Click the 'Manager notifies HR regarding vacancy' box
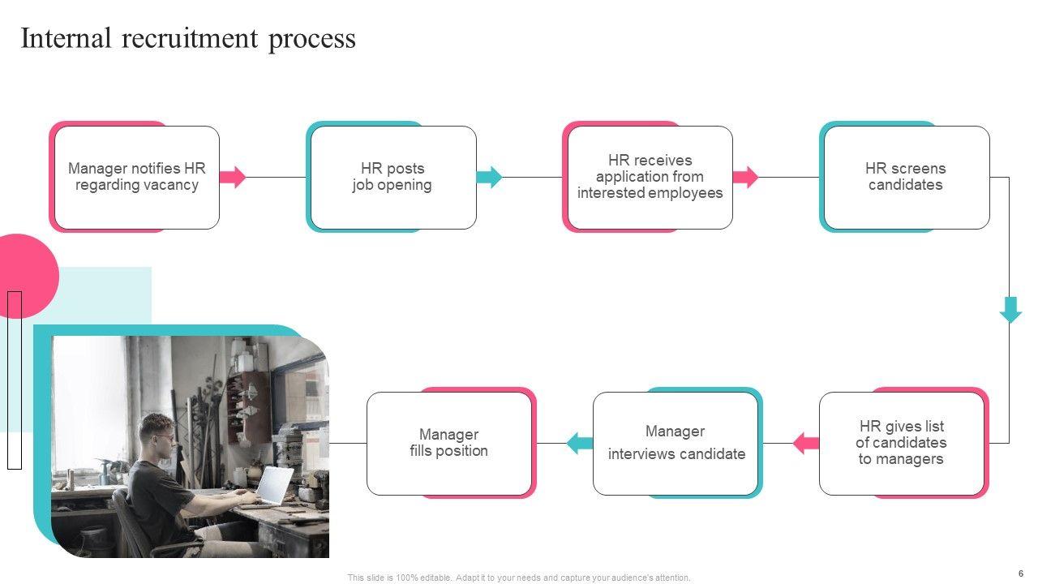click(137, 178)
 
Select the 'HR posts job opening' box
click(394, 178)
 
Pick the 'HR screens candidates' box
click(907, 178)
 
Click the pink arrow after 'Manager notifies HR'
click(233, 177)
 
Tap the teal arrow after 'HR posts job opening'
click(489, 177)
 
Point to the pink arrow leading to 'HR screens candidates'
click(745, 177)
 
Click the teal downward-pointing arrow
click(1010, 310)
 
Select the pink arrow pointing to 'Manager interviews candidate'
click(806, 444)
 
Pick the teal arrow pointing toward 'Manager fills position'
click(580, 444)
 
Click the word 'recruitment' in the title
click(190, 38)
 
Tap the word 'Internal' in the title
click(66, 38)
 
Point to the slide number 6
click(1021, 573)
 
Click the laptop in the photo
click(273, 485)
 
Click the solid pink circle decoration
click(26, 276)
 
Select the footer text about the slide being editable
click(519, 578)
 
